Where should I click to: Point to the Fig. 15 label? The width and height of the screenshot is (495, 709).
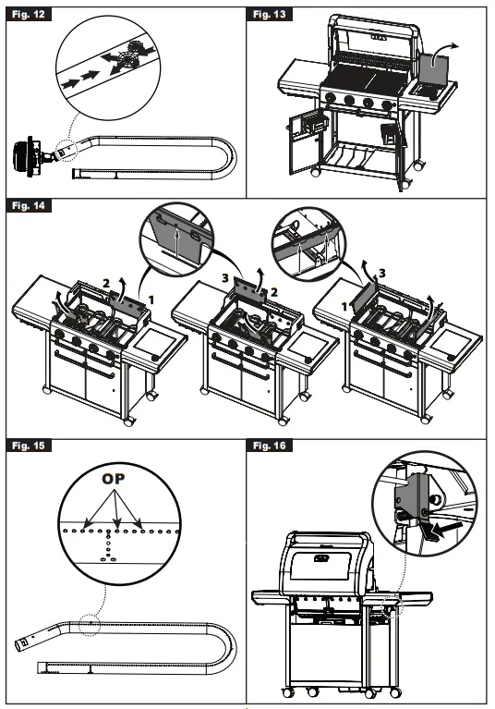(27, 446)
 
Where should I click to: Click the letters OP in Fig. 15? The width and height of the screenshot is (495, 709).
(114, 481)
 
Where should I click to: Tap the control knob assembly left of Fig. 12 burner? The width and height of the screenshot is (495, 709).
(31, 154)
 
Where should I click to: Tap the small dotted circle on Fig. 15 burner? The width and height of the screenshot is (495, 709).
(90, 624)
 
